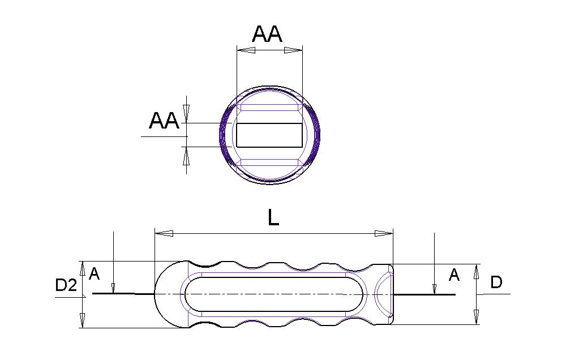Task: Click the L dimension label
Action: click(x=273, y=218)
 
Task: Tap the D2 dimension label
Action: click(x=66, y=285)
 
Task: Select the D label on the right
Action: click(x=496, y=282)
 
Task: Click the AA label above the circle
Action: click(x=267, y=35)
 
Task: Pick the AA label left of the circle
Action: click(x=164, y=121)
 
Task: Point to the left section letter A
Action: click(x=94, y=274)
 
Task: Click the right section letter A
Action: click(x=454, y=275)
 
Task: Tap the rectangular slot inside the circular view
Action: click(x=269, y=135)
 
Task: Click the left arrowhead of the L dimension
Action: click(x=164, y=233)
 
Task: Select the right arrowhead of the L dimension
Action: click(x=384, y=233)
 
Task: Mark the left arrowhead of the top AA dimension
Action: click(x=246, y=50)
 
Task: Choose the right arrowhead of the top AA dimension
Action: click(x=293, y=50)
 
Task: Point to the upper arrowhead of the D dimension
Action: click(x=477, y=272)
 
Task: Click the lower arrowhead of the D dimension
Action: click(x=477, y=316)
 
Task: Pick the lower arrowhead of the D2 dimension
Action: click(x=83, y=320)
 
